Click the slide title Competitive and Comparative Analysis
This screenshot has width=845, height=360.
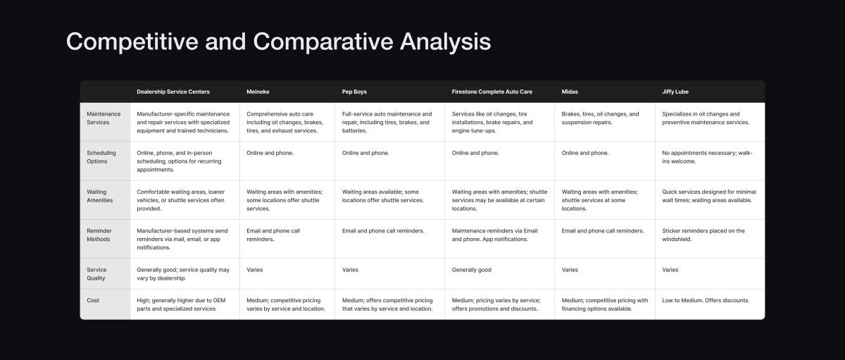point(278,42)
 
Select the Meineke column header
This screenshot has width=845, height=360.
point(258,92)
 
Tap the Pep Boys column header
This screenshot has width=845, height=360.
point(354,92)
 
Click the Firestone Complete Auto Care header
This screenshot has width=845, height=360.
point(492,92)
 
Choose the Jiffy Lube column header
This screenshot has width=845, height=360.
point(675,92)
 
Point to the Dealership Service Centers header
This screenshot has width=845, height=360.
point(173,92)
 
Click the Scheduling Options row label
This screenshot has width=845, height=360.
point(101,157)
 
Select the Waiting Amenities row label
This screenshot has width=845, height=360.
point(99,196)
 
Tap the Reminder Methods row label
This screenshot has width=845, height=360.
point(99,235)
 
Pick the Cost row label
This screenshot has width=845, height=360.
point(93,300)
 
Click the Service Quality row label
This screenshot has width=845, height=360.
point(96,274)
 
